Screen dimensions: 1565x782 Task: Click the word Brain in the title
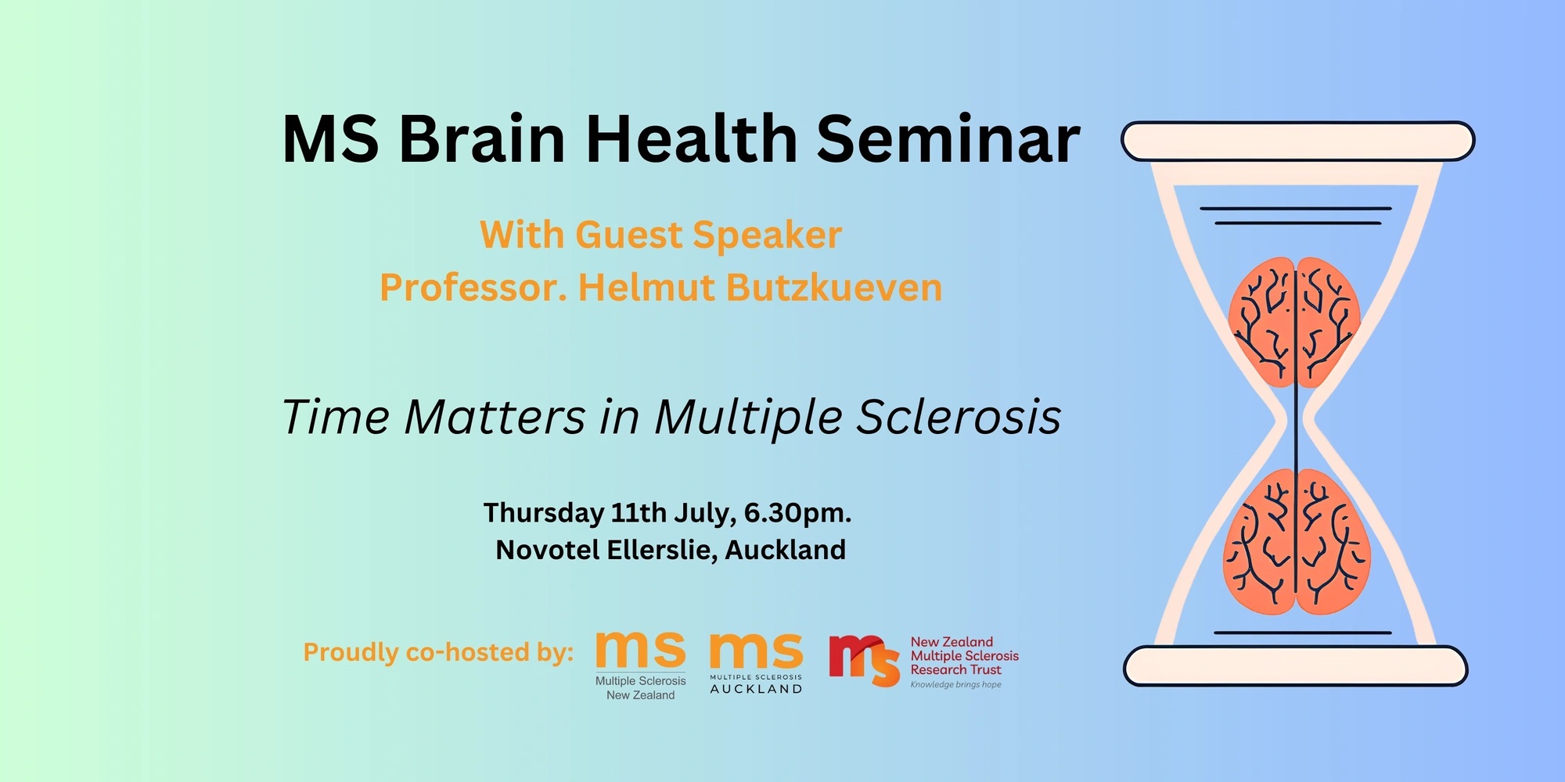482,138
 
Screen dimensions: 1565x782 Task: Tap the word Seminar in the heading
948,138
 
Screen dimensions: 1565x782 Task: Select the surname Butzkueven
834,287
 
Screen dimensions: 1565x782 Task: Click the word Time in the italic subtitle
336,416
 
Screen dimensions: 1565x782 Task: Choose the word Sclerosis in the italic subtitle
959,416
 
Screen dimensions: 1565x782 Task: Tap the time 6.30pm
797,514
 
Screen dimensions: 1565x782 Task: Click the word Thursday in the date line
544,514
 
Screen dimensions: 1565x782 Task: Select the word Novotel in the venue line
548,550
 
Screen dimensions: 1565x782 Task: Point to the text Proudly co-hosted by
438,652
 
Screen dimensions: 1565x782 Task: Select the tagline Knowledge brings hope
955,685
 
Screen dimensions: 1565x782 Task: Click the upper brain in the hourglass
1295,322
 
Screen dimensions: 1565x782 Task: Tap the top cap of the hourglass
1298,142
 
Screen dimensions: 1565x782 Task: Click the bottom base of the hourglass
1296,666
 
